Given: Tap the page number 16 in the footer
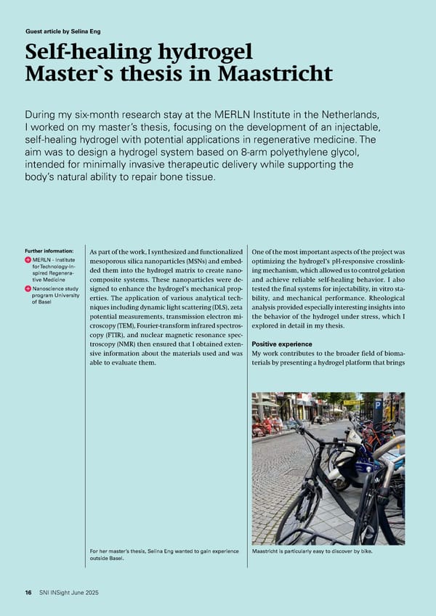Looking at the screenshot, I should [28, 593].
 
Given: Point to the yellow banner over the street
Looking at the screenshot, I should [352, 402].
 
